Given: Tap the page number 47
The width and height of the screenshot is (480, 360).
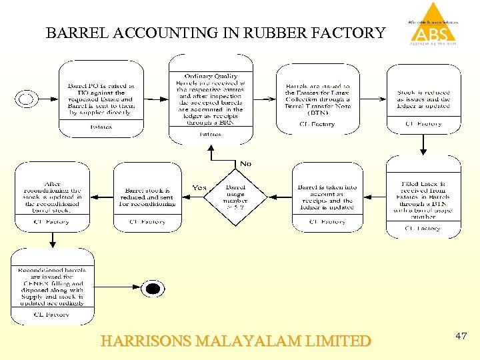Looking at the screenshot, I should coord(461,337).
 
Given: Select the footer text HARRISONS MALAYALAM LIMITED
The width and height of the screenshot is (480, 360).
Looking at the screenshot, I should coord(235,341).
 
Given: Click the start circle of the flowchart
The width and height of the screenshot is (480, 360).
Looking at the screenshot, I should coord(26,99).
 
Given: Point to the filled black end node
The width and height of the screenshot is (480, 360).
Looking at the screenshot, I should coord(153,289).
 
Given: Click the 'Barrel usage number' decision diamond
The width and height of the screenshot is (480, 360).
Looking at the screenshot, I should coord(236,195).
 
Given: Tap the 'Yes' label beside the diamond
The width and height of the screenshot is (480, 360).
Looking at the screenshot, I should coord(199,188).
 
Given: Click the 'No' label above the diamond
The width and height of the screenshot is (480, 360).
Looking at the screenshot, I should coord(245,163).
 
